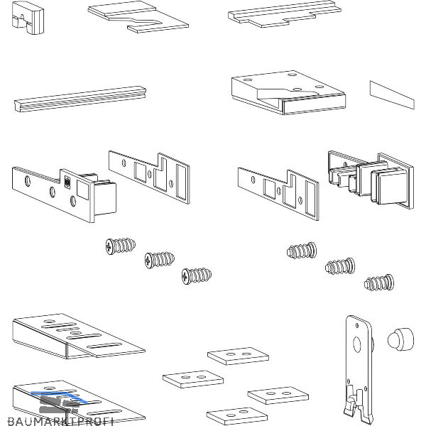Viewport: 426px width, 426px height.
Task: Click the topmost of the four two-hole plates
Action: click(238, 356)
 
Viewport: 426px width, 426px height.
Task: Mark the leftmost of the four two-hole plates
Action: click(192, 377)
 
